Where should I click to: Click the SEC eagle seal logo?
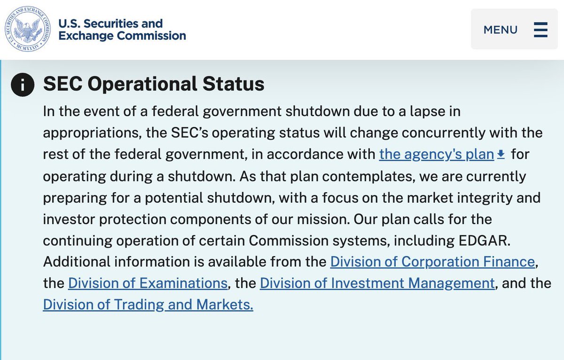click(27, 29)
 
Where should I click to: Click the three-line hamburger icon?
click(540, 30)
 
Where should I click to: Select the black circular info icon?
click(23, 85)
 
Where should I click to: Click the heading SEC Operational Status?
click(154, 84)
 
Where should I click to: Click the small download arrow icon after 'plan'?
click(501, 154)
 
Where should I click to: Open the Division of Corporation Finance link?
click(432, 261)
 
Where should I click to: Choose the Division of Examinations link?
click(148, 283)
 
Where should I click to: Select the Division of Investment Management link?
click(377, 283)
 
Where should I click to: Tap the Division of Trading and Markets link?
click(148, 305)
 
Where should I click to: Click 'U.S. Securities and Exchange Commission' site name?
click(122, 29)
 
